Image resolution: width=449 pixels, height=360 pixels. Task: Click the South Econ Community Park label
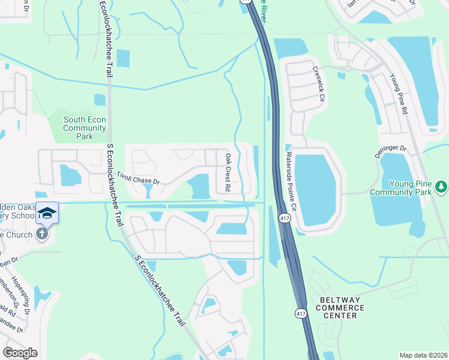85,128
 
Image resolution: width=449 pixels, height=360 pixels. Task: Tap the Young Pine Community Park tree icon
442,187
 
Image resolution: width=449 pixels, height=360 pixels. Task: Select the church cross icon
41,233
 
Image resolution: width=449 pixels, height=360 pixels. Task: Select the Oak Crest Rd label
228,173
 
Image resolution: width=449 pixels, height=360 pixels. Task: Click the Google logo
20,353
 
